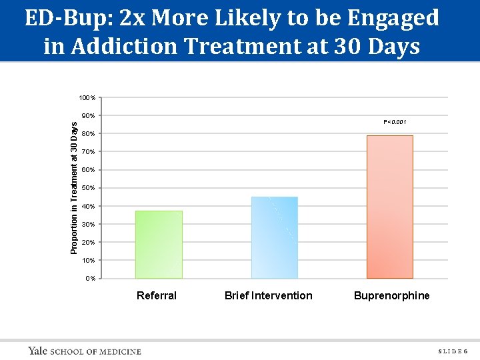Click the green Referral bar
pyautogui.click(x=159, y=244)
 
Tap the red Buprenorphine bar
pyautogui.click(x=389, y=207)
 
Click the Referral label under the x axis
pyautogui.click(x=157, y=295)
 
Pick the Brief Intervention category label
pyautogui.click(x=268, y=295)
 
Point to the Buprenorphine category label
pyautogui.click(x=392, y=295)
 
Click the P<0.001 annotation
pyautogui.click(x=395, y=122)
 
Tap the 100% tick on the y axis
pyautogui.click(x=87, y=98)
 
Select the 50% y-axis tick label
pyautogui.click(x=88, y=188)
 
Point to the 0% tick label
pyautogui.click(x=90, y=278)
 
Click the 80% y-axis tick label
pyautogui.click(x=88, y=134)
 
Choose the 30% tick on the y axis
pyautogui.click(x=88, y=224)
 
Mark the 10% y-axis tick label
pyautogui.click(x=88, y=260)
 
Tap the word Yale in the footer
pyautogui.click(x=37, y=351)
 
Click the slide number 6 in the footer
pyautogui.click(x=465, y=351)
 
